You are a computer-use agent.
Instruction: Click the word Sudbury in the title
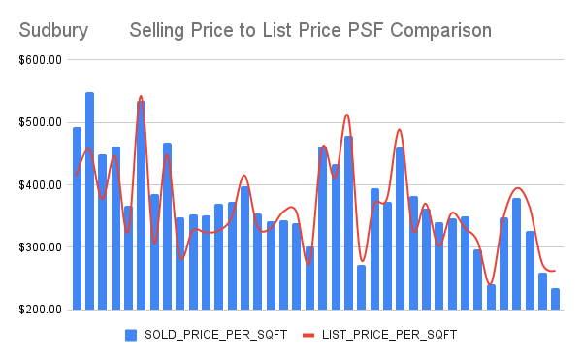coord(53,30)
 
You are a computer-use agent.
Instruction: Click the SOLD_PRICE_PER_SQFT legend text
coord(214,335)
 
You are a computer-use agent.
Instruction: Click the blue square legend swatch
coord(131,335)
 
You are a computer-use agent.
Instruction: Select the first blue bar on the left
coord(78,218)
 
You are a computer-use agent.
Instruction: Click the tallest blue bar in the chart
coord(90,201)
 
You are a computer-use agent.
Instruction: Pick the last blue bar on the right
coord(556,299)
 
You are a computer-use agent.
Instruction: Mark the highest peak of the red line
coord(141,96)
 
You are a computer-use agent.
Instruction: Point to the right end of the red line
coord(555,271)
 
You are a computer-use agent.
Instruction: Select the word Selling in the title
coord(161,30)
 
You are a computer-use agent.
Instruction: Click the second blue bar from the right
coord(542,291)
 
